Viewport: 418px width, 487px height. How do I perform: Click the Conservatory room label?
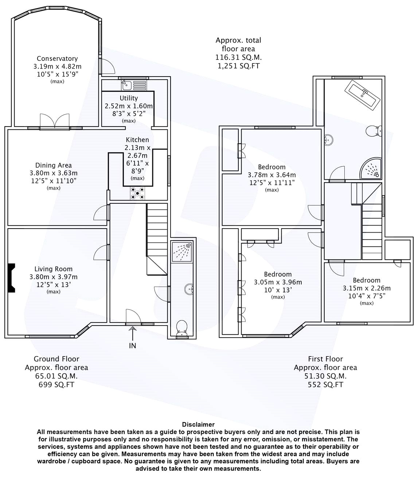pyautogui.click(x=57, y=59)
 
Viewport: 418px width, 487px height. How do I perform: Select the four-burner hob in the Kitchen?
pyautogui.click(x=137, y=193)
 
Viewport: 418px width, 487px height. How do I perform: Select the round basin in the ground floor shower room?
pyautogui.click(x=189, y=289)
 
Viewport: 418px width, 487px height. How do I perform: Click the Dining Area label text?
pyautogui.click(x=54, y=165)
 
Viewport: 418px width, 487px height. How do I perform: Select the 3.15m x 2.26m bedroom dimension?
pyautogui.click(x=367, y=288)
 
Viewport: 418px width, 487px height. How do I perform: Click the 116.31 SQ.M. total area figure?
pyautogui.click(x=238, y=58)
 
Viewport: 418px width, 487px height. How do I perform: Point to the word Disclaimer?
pyautogui.click(x=198, y=424)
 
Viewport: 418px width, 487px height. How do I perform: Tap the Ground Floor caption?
pyautogui.click(x=56, y=359)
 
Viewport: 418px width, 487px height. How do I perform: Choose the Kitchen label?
pyautogui.click(x=137, y=140)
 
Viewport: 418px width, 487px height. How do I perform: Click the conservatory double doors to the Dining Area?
pyautogui.click(x=55, y=121)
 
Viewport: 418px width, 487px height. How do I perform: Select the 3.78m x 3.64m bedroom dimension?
pyautogui.click(x=272, y=175)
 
